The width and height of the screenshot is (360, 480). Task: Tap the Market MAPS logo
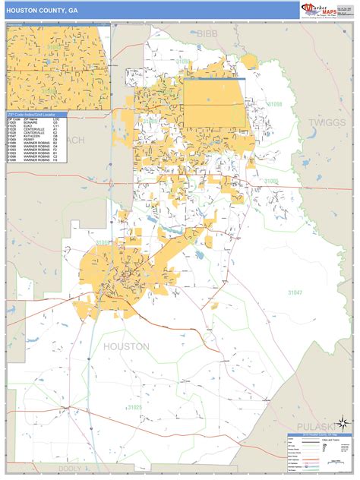[319, 10]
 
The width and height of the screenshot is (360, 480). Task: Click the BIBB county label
[207, 33]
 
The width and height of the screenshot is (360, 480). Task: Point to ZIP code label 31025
[134, 408]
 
